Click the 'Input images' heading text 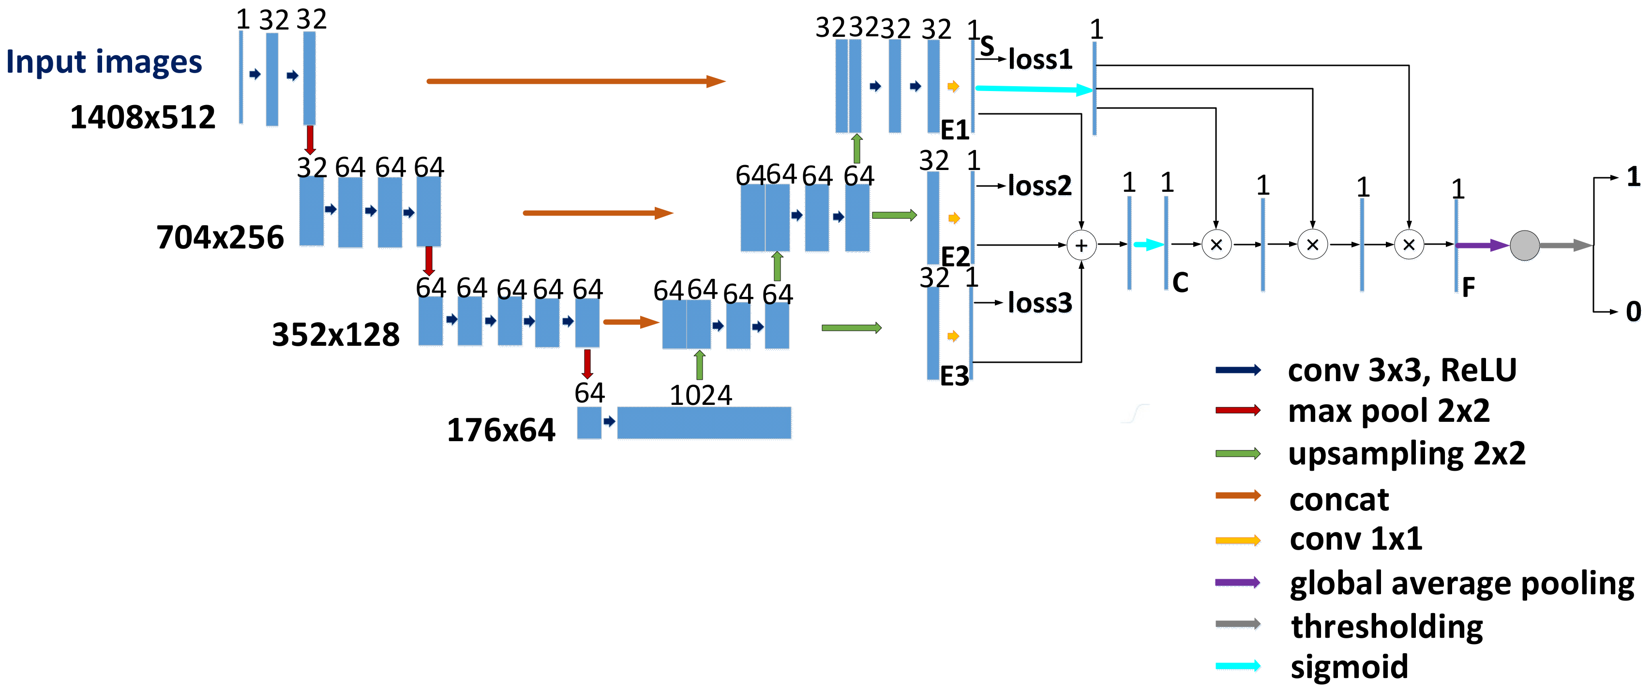point(104,62)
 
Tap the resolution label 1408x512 point(142,117)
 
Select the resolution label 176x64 point(501,430)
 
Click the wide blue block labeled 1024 point(704,423)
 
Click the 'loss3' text point(1039,303)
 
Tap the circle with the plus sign point(1081,245)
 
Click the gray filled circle point(1524,245)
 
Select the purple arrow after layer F point(1481,245)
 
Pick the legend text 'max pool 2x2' point(1388,411)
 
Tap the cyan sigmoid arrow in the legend point(1238,666)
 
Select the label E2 point(955,257)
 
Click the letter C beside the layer point(1180,282)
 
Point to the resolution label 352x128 point(335,335)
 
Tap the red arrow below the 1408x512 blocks point(310,139)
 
